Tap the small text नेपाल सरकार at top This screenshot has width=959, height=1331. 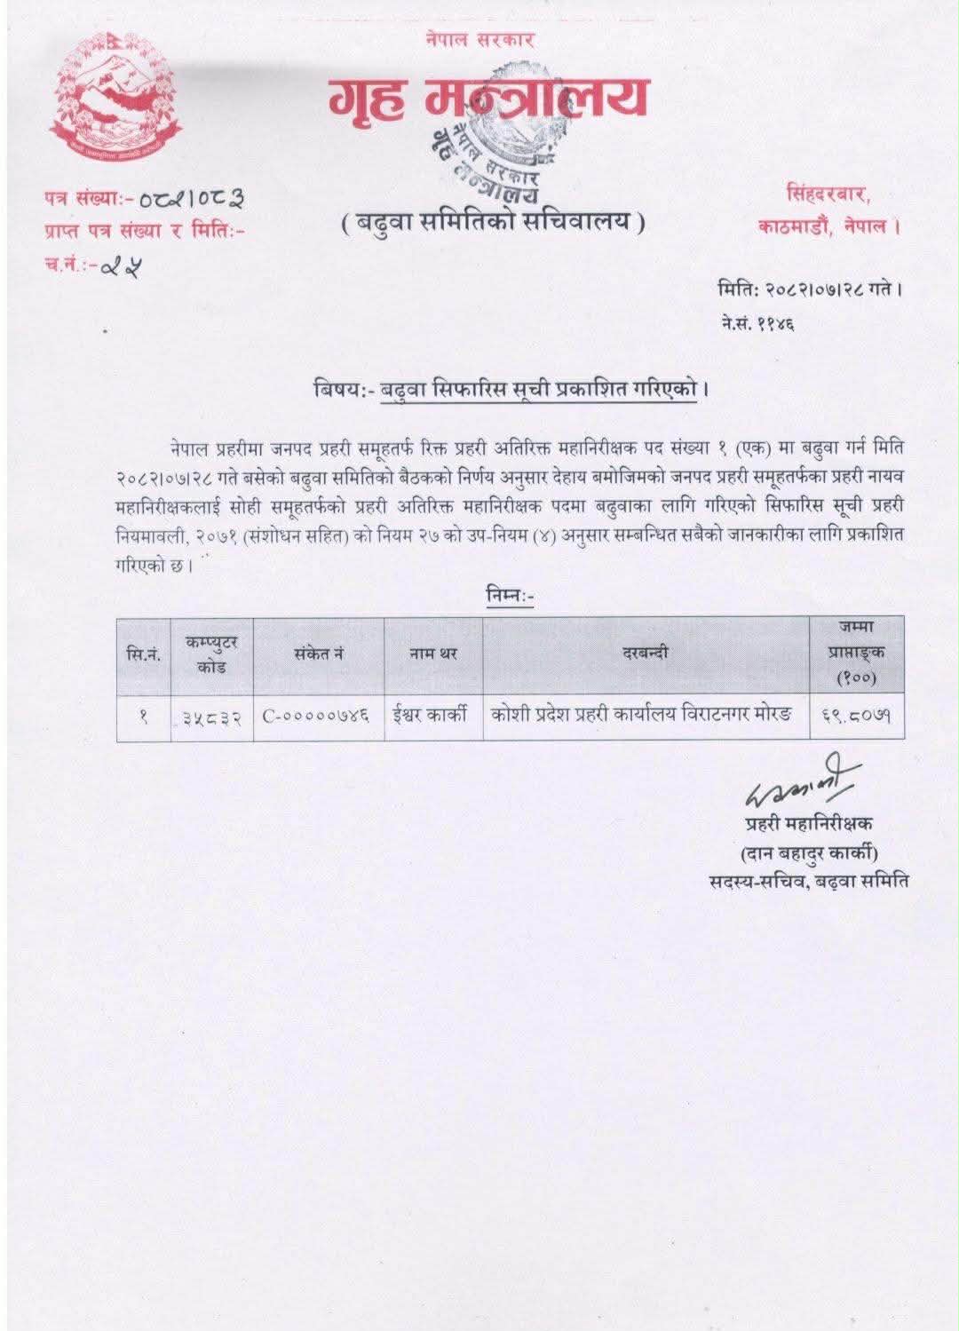tap(479, 39)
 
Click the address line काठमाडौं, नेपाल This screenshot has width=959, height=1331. tap(829, 226)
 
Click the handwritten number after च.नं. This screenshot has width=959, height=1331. tap(125, 265)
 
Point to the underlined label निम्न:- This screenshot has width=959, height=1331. tap(510, 597)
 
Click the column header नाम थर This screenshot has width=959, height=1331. tap(432, 654)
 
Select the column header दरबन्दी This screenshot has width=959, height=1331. tap(646, 654)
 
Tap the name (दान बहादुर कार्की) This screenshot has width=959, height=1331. tap(809, 853)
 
